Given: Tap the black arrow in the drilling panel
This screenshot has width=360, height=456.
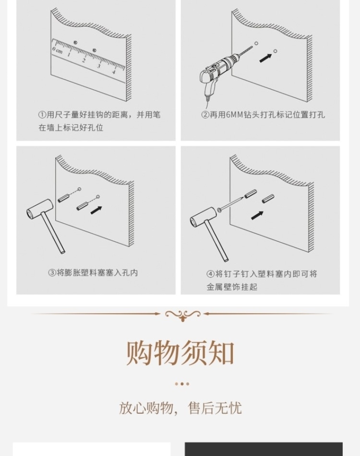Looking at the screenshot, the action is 265,58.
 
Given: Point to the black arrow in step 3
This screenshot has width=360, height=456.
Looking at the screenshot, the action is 96,210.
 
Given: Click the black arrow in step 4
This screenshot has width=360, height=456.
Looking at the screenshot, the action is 257,215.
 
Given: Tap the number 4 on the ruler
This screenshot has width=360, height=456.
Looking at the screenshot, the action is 114,72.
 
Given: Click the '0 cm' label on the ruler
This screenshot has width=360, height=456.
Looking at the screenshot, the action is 57,50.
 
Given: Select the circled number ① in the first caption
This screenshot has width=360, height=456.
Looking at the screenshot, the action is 42,115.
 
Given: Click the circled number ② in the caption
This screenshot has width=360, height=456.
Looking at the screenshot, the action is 205,115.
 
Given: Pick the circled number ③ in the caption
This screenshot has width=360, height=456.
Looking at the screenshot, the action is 52,273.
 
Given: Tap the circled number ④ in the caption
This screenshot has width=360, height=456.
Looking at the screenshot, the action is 210,274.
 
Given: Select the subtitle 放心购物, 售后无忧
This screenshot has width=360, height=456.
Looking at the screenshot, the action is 180,408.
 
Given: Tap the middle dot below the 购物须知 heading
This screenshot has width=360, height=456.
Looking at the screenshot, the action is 182,384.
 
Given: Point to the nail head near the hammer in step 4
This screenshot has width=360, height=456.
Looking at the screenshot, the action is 219,210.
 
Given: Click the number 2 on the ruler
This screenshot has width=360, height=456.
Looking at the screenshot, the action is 84,61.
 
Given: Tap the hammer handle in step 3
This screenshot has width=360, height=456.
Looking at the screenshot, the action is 53,233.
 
